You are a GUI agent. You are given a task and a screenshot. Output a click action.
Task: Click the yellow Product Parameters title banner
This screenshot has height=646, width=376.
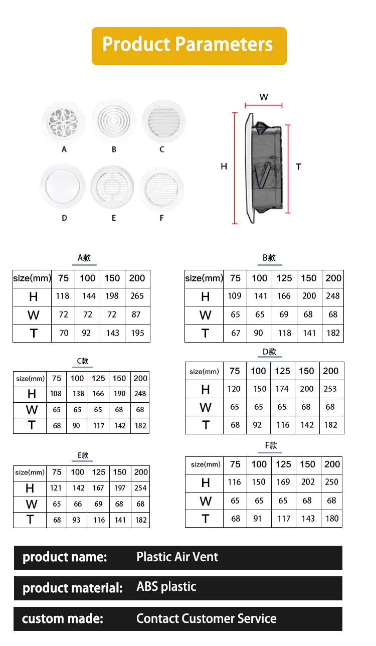[189, 45]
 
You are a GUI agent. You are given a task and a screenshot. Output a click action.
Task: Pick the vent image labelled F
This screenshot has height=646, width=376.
[161, 189]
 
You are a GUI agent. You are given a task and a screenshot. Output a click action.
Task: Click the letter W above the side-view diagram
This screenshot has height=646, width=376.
[264, 97]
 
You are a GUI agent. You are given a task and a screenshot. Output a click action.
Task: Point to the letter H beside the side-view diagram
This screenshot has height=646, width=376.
[224, 166]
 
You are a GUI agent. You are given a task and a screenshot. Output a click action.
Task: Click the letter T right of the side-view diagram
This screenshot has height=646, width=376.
[298, 167]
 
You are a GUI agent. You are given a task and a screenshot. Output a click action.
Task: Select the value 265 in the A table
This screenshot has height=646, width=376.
[137, 296]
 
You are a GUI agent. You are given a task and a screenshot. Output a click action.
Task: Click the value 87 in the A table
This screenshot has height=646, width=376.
[137, 314]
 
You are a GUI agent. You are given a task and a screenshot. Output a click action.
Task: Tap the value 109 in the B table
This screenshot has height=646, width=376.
[235, 296]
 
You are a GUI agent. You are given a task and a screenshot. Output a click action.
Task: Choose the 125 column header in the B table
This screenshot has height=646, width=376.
[284, 278]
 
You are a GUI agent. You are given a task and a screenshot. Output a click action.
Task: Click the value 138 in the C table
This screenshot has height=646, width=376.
[78, 394]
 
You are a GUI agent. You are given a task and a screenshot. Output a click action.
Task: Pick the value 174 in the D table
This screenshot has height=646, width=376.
[282, 389]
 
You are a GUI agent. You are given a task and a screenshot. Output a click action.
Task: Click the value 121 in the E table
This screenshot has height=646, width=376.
[56, 488]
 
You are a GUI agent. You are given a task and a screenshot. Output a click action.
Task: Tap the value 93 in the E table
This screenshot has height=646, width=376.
[76, 520]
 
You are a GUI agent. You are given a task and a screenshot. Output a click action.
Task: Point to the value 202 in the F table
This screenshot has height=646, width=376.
[308, 482]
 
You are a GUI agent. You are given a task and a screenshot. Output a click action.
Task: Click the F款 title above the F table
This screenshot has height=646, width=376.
[271, 445]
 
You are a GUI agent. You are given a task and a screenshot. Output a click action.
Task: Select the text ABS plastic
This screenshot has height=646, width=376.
[166, 587]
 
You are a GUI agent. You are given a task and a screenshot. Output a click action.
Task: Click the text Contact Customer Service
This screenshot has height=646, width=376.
[206, 618]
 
